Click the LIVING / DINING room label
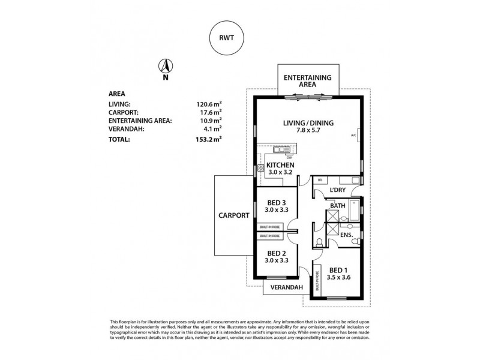(x=308, y=124)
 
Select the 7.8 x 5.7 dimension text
(x=308, y=131)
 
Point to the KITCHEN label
(x=280, y=164)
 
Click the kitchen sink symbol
(x=279, y=150)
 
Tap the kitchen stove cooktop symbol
(x=261, y=168)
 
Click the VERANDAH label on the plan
(x=286, y=287)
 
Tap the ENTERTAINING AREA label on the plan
(x=309, y=82)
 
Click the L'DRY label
(x=339, y=190)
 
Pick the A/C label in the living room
(x=353, y=134)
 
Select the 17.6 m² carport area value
(x=210, y=111)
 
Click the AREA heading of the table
(x=116, y=94)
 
